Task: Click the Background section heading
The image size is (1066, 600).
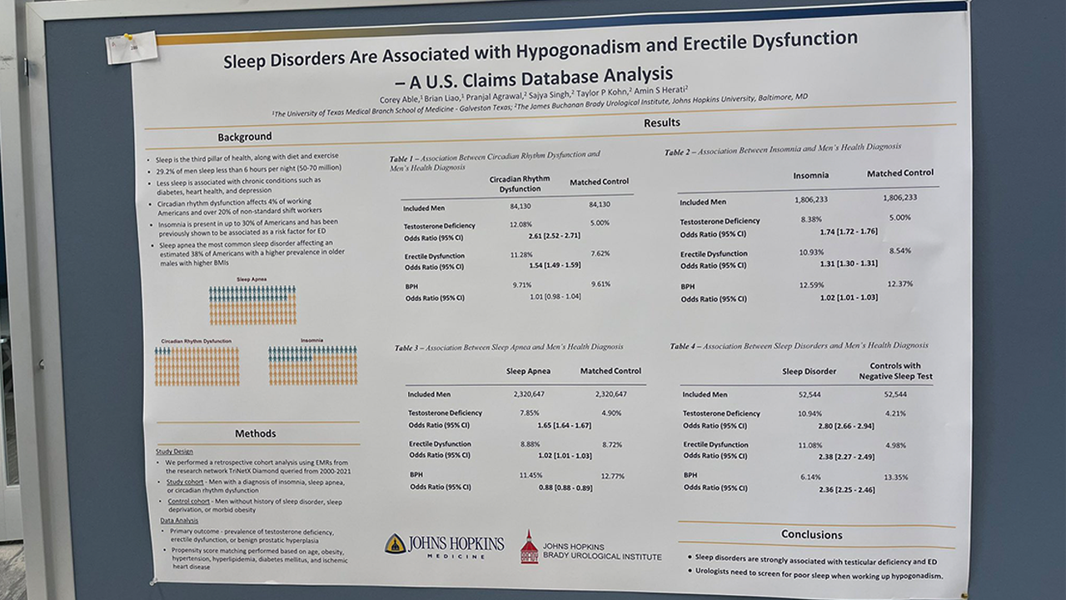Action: [245, 137]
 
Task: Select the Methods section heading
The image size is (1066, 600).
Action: [255, 433]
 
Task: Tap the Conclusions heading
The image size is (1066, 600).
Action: [811, 534]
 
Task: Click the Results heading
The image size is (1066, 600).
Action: [662, 122]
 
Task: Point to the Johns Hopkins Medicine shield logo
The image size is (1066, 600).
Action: [396, 544]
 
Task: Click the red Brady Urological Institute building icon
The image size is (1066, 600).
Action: [529, 547]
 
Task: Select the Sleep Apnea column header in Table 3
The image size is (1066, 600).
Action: [528, 371]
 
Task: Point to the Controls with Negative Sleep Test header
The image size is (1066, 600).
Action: [895, 371]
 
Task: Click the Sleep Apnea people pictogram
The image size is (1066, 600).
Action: [252, 305]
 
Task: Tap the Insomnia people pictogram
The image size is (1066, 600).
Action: [312, 366]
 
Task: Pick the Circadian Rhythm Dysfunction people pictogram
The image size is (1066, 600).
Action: [197, 366]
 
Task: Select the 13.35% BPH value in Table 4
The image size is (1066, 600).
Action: [895, 477]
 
